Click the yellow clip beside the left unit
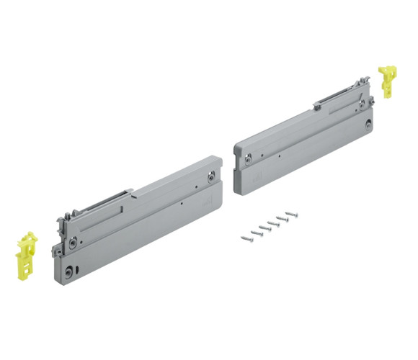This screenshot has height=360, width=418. pyautogui.click(x=27, y=254)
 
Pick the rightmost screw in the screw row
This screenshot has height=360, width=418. pyautogui.click(x=291, y=214)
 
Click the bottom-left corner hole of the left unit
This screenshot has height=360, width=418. pyautogui.click(x=67, y=272)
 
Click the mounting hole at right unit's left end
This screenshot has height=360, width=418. pyautogui.click(x=247, y=156)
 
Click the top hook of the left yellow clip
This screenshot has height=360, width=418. pyautogui.click(x=29, y=235)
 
